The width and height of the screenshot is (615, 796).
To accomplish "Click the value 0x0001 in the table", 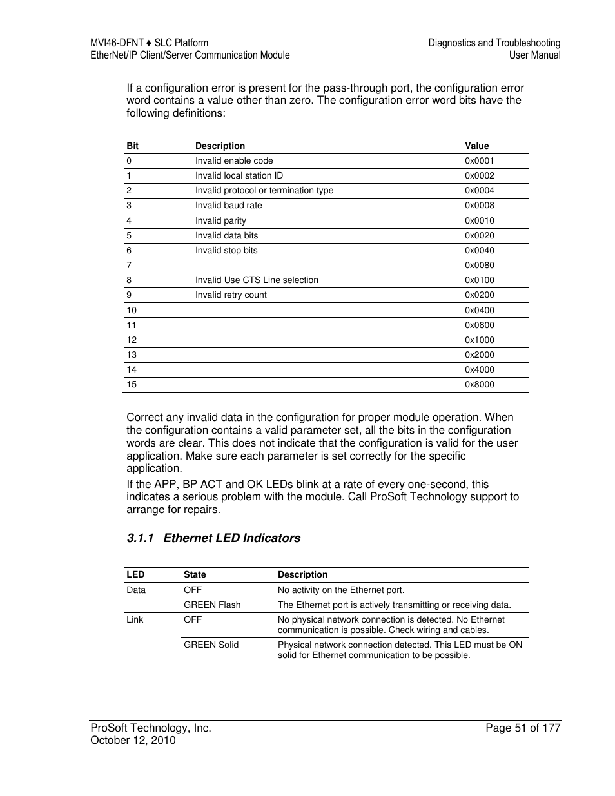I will [x=479, y=161].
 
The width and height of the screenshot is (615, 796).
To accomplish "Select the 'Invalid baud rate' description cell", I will [x=228, y=206].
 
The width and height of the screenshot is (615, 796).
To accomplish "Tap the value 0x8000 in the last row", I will [x=479, y=385].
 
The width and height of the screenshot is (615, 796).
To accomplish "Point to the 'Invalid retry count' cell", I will [x=231, y=295].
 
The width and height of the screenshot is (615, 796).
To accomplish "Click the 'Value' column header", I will [x=476, y=146].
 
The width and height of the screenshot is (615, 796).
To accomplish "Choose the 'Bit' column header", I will [x=132, y=146].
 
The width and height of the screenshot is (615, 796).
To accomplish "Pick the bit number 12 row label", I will [x=132, y=340].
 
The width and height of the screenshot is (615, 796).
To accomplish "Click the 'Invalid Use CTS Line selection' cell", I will [x=257, y=280].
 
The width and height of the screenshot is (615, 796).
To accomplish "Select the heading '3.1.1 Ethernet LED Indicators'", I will [x=213, y=538].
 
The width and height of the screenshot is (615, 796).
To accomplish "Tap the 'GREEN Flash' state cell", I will [x=211, y=605].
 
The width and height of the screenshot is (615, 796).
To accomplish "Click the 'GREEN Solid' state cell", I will [x=211, y=645].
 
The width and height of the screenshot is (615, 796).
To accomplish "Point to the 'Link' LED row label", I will [x=135, y=620].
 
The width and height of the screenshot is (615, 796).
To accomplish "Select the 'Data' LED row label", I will [x=136, y=590].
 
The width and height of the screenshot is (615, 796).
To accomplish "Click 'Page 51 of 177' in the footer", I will [x=522, y=728].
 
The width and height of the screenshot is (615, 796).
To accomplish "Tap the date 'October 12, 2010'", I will [x=133, y=741].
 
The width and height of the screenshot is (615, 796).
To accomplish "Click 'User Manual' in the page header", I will [x=534, y=55].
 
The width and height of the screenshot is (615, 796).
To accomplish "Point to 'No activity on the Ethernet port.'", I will [x=341, y=590].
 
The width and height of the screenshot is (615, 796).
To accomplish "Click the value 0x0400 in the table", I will [x=479, y=311].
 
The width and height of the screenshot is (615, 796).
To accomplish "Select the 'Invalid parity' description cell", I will [x=220, y=221].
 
